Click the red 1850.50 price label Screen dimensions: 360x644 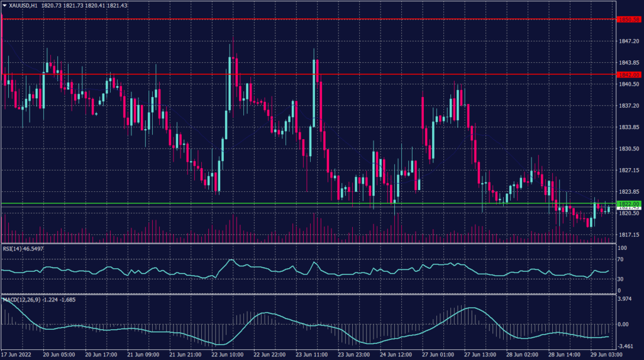pyautogui.click(x=628, y=20)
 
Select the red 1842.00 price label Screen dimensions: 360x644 pyautogui.click(x=628, y=74)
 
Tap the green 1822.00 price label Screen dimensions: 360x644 pyautogui.click(x=628, y=204)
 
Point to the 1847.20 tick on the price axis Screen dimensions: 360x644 pyautogui.click(x=629, y=41)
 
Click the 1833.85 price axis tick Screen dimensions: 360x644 pyautogui.click(x=629, y=127)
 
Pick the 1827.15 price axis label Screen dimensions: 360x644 pyautogui.click(x=629, y=170)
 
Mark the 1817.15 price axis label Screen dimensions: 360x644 pyautogui.click(x=629, y=235)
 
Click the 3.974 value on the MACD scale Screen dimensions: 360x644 pyautogui.click(x=626, y=300)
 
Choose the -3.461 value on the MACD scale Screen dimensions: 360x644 pyautogui.click(x=626, y=346)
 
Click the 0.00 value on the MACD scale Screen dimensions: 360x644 pyautogui.click(x=625, y=325)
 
